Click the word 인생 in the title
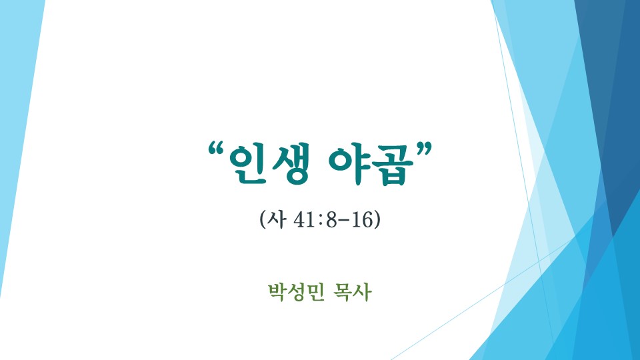(269, 164)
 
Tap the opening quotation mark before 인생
(217, 150)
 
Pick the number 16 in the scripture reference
(362, 219)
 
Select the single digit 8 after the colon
(331, 219)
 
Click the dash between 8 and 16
(343, 221)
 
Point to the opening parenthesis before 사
(263, 219)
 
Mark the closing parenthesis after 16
(377, 219)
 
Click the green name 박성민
(296, 292)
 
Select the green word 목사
(352, 292)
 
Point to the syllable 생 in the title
(290, 164)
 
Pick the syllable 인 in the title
(248, 164)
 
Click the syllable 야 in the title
(348, 163)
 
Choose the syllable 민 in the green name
(315, 292)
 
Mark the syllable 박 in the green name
(277, 292)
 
